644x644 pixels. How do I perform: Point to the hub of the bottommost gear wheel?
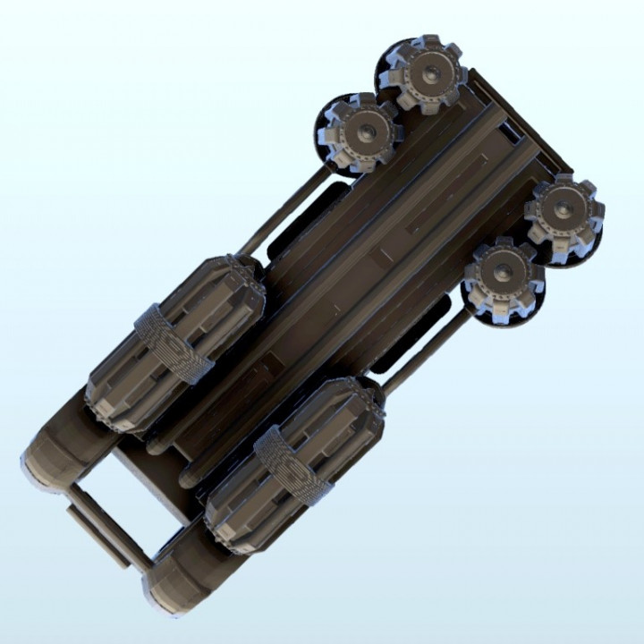pyautogui.click(x=503, y=273)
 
